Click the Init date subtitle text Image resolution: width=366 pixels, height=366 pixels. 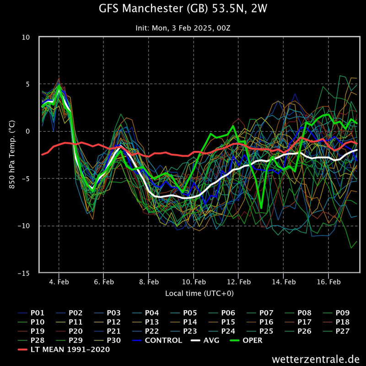click(x=183, y=28)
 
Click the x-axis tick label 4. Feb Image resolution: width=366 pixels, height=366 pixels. click(x=59, y=282)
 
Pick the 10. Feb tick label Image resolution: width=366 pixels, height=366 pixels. click(x=194, y=282)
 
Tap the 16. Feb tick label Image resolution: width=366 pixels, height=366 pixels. click(x=328, y=282)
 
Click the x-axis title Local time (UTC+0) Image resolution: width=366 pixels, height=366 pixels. click(x=203, y=293)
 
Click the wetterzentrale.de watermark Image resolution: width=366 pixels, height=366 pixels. click(x=315, y=358)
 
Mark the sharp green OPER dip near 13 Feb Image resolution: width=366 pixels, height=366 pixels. click(x=261, y=208)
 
